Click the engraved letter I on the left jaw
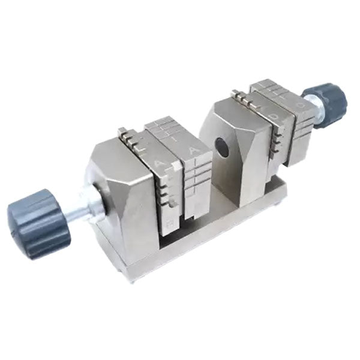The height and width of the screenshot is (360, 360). [x=174, y=137]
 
